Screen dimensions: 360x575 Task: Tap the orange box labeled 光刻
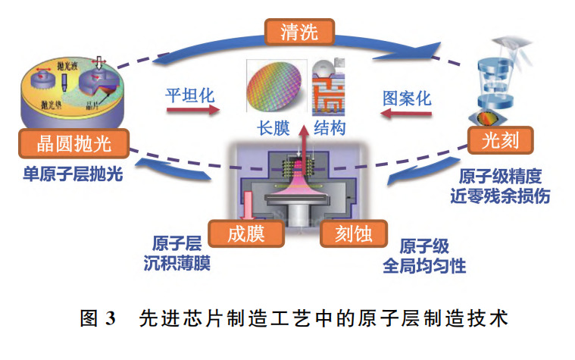498,140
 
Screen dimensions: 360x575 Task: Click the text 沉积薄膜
177,264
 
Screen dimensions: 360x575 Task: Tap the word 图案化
406,98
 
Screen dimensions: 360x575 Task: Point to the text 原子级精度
501,177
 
